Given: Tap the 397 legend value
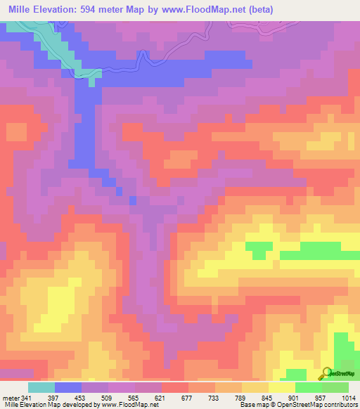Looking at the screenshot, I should pyautogui.click(x=53, y=397).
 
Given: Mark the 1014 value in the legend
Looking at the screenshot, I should pyautogui.click(x=349, y=397).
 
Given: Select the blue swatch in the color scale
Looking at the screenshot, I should pyautogui.click(x=67, y=387).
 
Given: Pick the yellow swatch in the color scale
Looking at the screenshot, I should pyautogui.click(x=281, y=387).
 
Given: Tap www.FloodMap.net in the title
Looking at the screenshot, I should pyautogui.click(x=210, y=10).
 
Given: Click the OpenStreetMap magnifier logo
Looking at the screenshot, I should pyautogui.click(x=328, y=373).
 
